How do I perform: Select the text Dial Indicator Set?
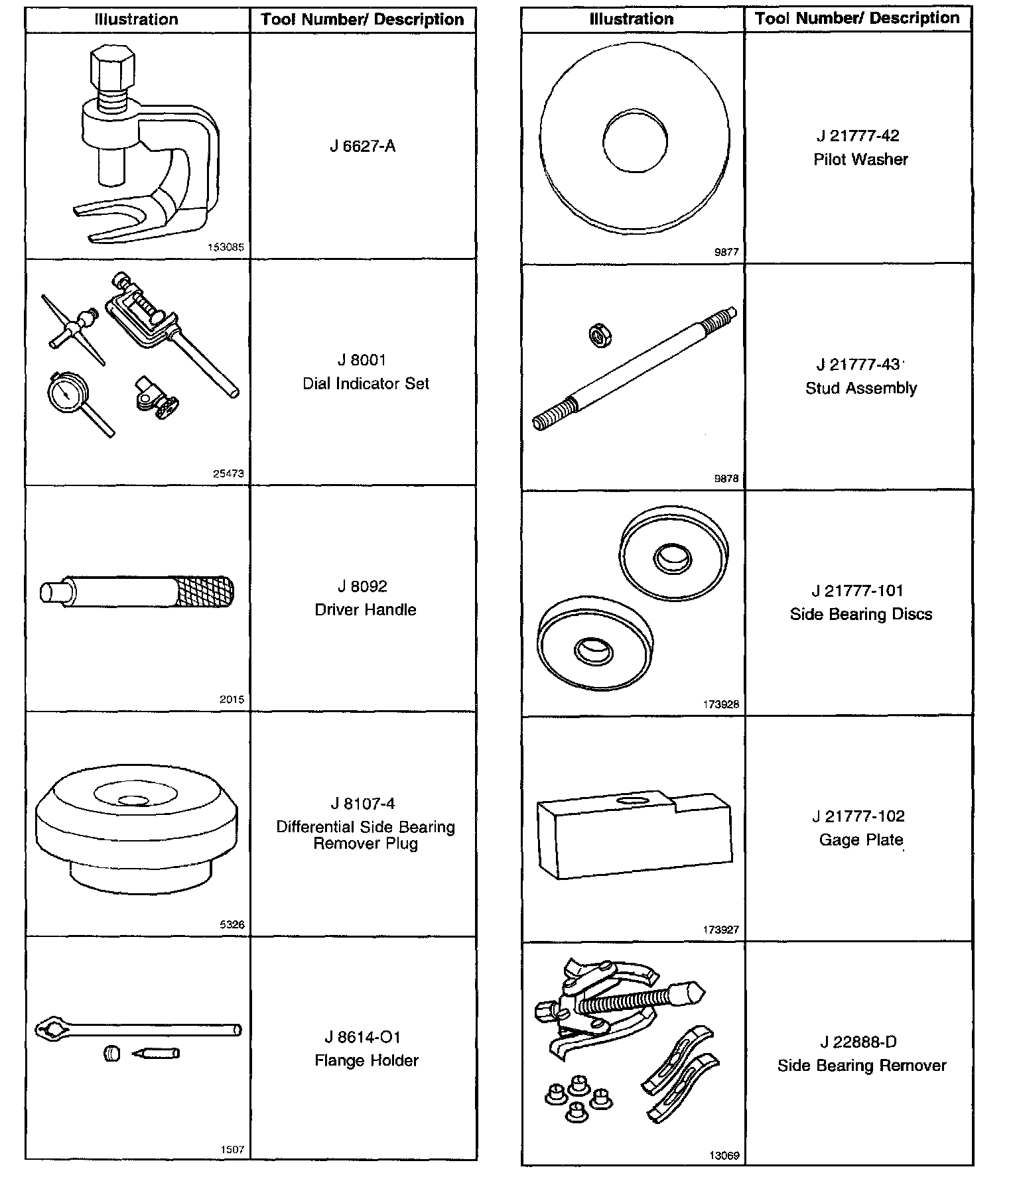click(x=366, y=384)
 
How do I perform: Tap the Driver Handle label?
click(x=366, y=610)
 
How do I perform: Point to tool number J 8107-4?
click(x=363, y=804)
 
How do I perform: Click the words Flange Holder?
click(x=366, y=1061)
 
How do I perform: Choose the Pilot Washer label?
click(x=860, y=160)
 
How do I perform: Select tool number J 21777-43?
click(x=858, y=365)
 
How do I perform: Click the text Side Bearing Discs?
click(x=860, y=615)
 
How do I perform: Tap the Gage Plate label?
click(x=860, y=840)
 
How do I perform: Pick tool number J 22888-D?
click(x=858, y=1042)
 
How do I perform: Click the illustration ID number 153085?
click(x=226, y=247)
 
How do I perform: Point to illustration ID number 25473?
click(x=228, y=473)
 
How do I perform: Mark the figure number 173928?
click(x=721, y=704)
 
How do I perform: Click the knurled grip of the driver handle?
click(x=204, y=592)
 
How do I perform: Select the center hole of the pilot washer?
click(x=634, y=141)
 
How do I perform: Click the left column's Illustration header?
click(x=137, y=19)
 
